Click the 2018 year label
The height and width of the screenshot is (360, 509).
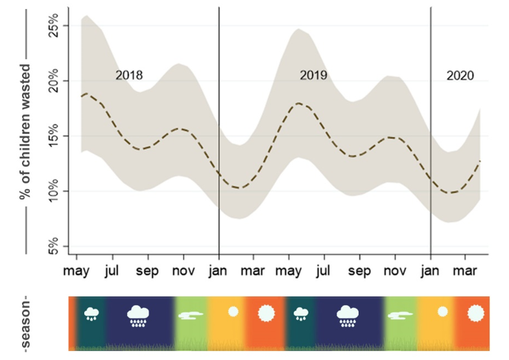tap(129, 75)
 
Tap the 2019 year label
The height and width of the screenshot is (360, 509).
tap(313, 75)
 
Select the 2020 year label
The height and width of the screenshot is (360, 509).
tap(460, 75)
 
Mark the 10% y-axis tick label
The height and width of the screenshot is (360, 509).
tap(57, 191)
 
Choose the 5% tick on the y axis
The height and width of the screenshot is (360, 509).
tap(57, 246)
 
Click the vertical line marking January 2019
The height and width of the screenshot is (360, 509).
tap(219, 130)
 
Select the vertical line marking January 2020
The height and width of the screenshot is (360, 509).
tap(431, 130)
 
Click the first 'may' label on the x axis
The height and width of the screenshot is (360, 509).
tap(78, 270)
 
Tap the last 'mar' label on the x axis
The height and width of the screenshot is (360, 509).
tap(466, 270)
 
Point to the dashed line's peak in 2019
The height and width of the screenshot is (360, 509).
tap(298, 103)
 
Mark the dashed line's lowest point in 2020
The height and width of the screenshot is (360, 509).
tap(453, 193)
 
